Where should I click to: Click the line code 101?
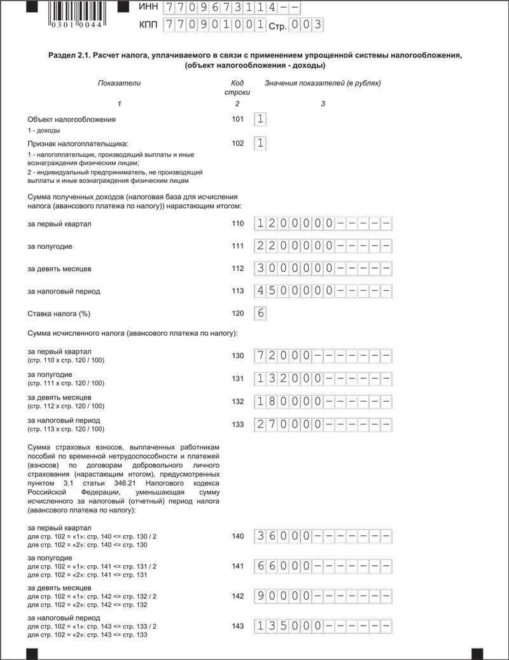tap(238, 119)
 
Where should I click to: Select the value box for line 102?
tap(260, 143)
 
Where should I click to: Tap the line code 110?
tap(238, 223)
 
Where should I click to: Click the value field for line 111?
tap(323, 246)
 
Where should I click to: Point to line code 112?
tap(238, 269)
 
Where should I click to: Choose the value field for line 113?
tap(323, 291)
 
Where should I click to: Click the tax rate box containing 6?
tap(260, 313)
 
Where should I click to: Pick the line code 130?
tap(238, 355)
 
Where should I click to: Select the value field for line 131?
tap(323, 379)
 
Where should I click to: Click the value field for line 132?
tap(323, 402)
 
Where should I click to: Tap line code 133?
tap(238, 425)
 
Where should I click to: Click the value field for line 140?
tap(323, 536)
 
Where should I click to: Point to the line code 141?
tap(238, 566)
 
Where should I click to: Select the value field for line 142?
tap(323, 596)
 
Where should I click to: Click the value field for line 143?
tap(323, 626)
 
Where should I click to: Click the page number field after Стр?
tap(305, 25)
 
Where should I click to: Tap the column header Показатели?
tap(119, 83)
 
